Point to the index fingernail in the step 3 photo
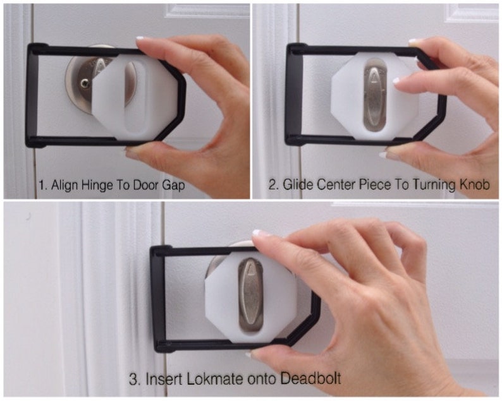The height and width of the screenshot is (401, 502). click(x=260, y=233)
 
